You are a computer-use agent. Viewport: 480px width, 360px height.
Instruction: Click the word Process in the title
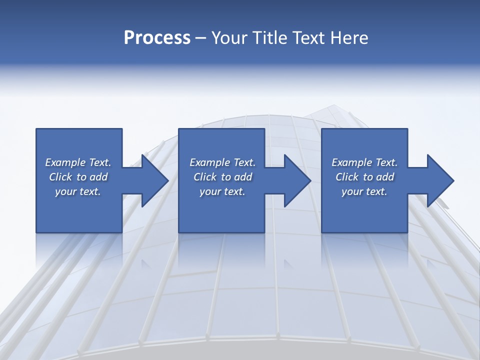[x=157, y=38]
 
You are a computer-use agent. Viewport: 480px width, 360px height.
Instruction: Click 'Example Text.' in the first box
[x=78, y=162]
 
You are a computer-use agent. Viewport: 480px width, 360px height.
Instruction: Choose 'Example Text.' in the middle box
[x=222, y=162]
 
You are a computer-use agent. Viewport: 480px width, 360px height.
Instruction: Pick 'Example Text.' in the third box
[x=364, y=162]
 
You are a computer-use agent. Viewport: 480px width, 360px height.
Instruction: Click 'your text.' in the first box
[x=78, y=191]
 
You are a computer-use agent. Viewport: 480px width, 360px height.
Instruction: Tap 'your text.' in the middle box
[x=222, y=191]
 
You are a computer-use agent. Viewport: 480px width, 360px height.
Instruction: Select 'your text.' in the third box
[x=364, y=191]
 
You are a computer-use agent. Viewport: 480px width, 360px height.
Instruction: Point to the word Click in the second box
[x=205, y=177]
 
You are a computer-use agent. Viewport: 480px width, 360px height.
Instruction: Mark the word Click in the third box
[x=347, y=177]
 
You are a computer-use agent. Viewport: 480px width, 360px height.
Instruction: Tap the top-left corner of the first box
[x=36, y=129]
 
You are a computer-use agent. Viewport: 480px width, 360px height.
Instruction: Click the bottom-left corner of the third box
[x=322, y=232]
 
